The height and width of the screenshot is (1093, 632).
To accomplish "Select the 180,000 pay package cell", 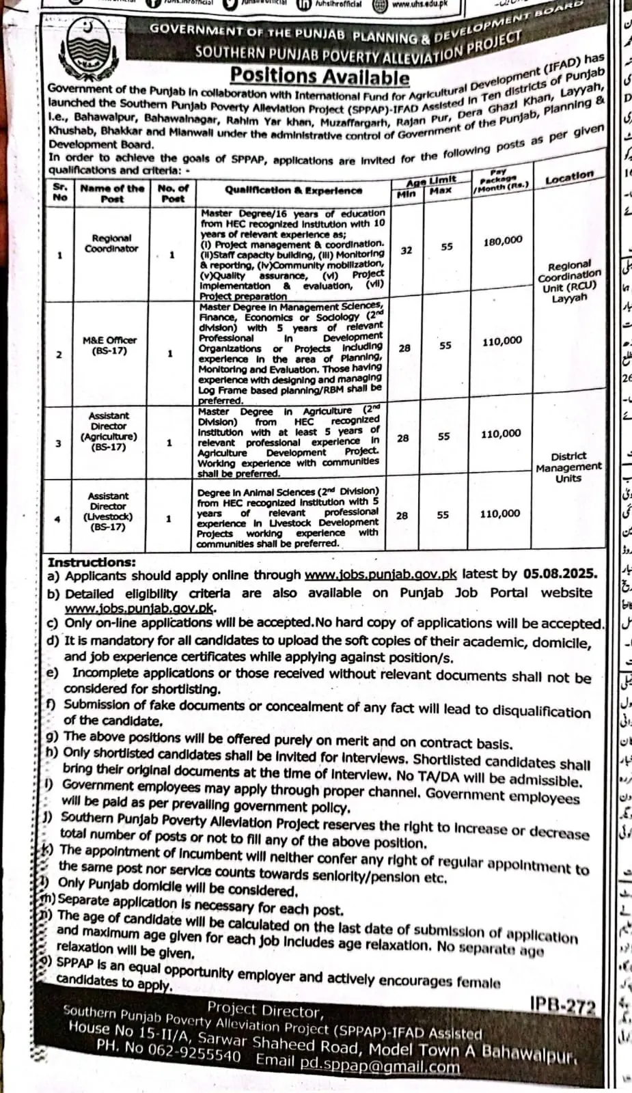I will point(502,241).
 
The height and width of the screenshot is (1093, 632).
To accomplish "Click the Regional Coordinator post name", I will point(111,243).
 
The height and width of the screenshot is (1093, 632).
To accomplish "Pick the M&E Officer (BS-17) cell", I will point(109,346).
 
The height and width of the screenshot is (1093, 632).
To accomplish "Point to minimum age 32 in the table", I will point(407,250).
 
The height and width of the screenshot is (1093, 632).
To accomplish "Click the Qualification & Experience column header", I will point(294,191).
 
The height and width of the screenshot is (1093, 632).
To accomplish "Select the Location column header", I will point(569,179).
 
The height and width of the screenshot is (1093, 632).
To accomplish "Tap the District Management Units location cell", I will point(568,467).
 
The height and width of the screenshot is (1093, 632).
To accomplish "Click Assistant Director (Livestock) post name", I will point(108,512).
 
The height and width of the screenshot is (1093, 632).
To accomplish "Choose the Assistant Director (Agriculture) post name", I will point(109,431).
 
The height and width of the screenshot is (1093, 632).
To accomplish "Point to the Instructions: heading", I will point(92,563).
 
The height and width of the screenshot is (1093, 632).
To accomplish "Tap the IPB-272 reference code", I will point(562,1005).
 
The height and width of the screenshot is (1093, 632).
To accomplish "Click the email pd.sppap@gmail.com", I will point(379,1066).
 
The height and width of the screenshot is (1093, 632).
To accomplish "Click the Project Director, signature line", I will point(263,1010).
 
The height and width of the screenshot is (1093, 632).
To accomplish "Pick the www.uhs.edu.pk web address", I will point(419,4).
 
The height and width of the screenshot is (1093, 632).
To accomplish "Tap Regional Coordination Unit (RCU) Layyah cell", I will point(568,281).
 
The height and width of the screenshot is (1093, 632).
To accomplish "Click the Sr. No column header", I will point(60,192).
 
